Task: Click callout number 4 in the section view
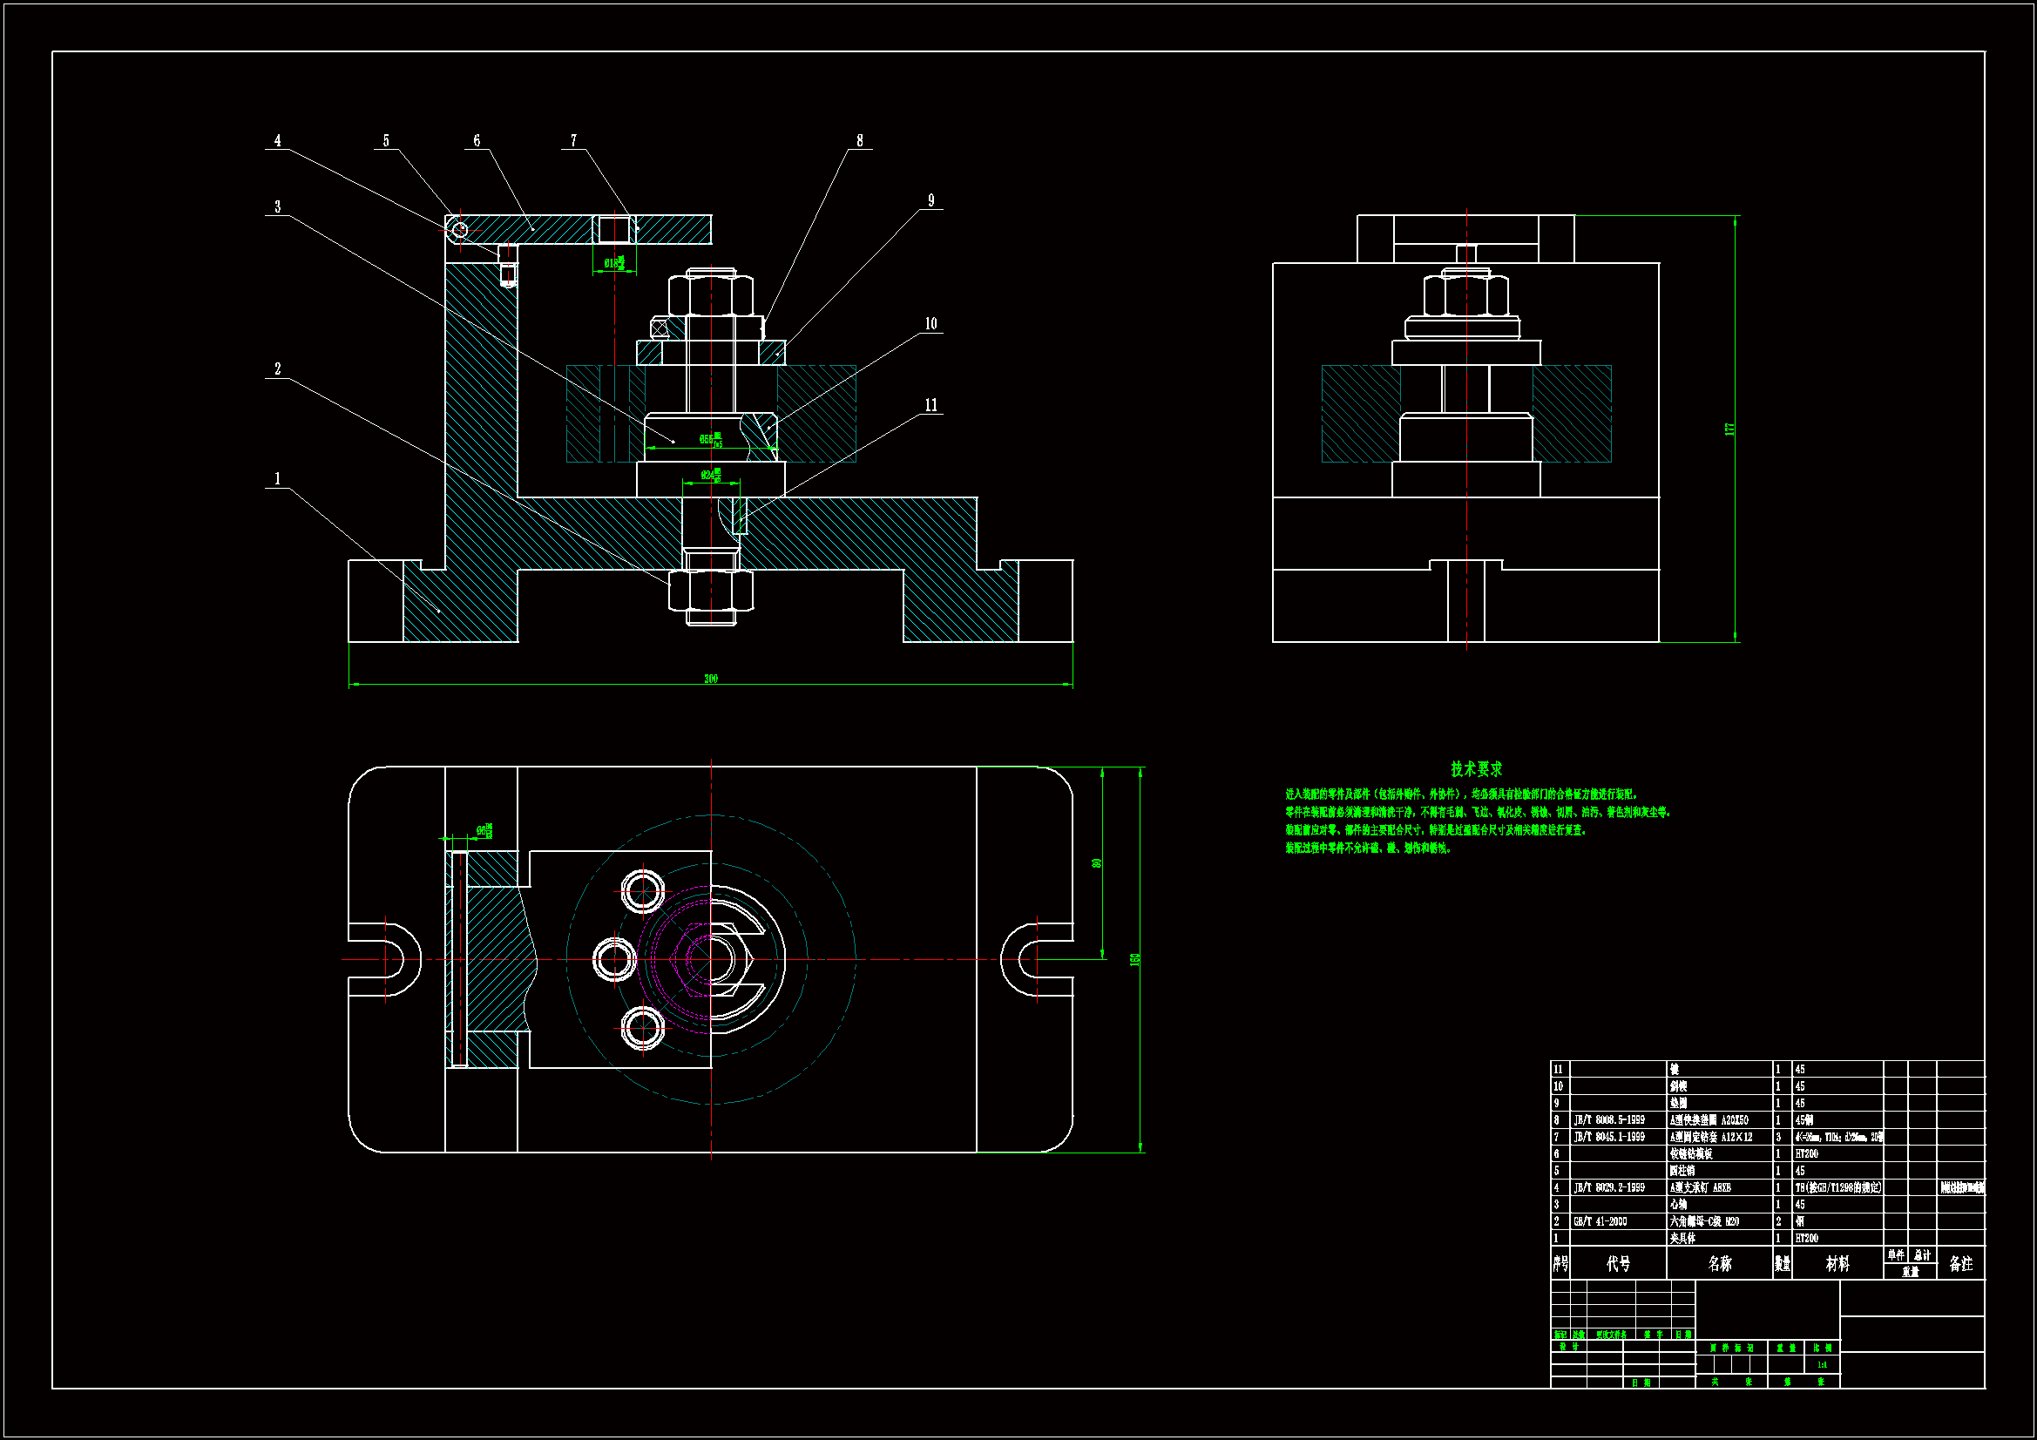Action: click(278, 141)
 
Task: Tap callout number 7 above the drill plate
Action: click(573, 141)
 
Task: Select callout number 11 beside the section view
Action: click(931, 405)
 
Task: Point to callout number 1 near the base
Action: click(278, 479)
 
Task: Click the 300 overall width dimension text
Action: click(711, 679)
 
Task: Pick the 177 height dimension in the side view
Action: click(1729, 429)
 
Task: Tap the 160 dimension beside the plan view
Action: click(1134, 959)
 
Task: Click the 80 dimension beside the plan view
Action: click(1098, 863)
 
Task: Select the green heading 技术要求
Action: click(1476, 769)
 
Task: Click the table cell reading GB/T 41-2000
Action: click(1600, 1221)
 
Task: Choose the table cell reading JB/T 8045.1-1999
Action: click(1609, 1137)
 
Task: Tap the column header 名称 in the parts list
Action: click(1719, 1263)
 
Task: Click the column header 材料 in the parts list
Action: click(1837, 1263)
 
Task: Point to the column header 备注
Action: click(1960, 1263)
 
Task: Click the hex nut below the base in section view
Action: click(711, 590)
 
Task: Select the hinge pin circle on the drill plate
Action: click(458, 231)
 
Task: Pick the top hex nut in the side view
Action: click(1465, 295)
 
